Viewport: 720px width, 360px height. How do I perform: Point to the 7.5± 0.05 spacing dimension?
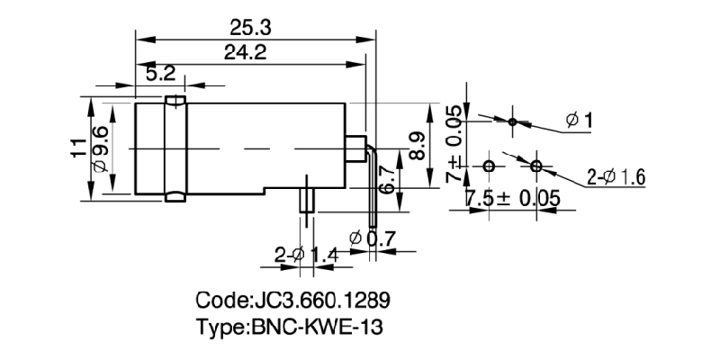click(510, 199)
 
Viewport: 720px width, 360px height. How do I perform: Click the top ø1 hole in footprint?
click(512, 121)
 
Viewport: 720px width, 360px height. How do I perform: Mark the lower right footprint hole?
click(536, 166)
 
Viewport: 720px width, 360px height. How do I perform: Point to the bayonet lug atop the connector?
click(175, 98)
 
